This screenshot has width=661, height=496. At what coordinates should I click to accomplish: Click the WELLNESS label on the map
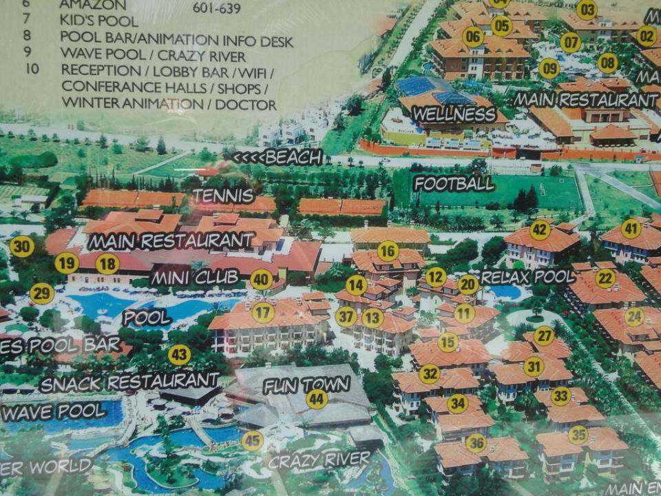click(454, 114)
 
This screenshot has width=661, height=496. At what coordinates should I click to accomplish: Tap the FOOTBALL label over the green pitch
click(454, 183)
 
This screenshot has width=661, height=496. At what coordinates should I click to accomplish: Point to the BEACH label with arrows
click(277, 157)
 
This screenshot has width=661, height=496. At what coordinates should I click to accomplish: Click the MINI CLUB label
click(194, 278)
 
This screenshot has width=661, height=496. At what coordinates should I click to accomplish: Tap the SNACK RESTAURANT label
click(129, 381)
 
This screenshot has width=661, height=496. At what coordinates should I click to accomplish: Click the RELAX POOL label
click(527, 277)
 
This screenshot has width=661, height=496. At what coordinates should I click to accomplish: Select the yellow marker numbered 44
click(317, 399)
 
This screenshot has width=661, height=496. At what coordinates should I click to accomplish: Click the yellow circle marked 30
click(22, 246)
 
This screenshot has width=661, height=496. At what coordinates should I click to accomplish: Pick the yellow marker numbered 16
click(388, 251)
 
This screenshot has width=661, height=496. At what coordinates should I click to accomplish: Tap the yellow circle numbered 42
click(541, 229)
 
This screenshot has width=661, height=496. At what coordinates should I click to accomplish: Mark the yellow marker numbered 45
click(253, 440)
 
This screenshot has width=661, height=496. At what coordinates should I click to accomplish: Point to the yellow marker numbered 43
click(179, 355)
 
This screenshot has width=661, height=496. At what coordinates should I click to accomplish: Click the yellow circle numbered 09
click(549, 68)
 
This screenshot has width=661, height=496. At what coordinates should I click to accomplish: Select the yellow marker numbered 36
click(476, 442)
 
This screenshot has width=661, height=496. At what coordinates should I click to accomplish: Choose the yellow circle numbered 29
click(42, 293)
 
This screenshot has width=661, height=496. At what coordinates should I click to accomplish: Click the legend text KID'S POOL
click(99, 21)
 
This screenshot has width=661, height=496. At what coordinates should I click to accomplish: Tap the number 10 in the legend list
click(32, 69)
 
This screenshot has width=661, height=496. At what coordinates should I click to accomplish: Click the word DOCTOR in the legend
click(246, 105)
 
